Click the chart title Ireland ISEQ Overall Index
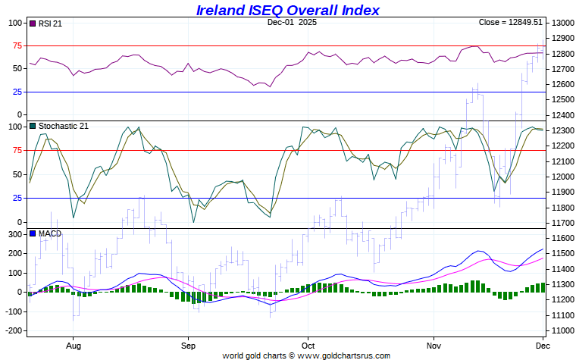288,10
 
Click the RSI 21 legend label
49,23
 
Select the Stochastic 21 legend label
63,126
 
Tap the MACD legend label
49,233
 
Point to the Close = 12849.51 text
511,22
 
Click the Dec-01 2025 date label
292,22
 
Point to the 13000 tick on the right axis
563,23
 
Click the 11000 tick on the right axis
563,330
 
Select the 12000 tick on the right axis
563,177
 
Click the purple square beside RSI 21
33,23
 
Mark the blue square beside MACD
33,233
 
